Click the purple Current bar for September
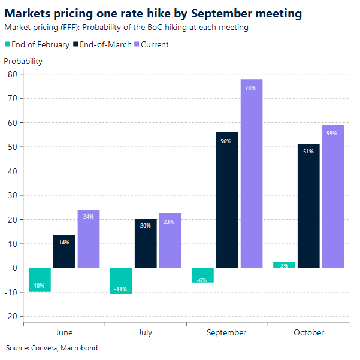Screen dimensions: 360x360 252,174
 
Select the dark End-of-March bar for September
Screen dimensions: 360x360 227,200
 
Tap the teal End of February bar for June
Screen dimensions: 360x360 40,280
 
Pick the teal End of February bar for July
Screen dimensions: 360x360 121,281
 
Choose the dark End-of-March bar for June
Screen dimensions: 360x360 64,252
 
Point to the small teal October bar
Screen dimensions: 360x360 284,265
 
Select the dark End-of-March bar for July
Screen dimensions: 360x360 146,243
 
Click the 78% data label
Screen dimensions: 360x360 250,88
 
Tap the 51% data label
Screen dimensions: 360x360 308,152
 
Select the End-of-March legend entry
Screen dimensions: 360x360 101,44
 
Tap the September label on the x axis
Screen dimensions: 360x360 226,332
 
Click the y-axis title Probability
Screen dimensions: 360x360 23,61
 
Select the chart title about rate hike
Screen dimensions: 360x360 153,13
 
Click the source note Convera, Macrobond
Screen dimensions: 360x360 52,348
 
